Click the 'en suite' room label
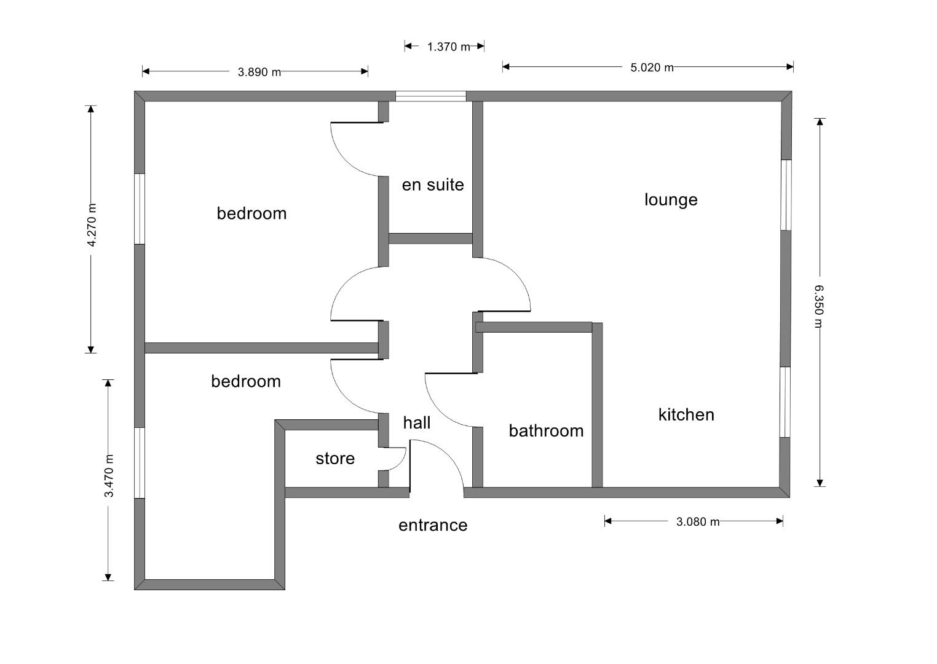tap(433, 185)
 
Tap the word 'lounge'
tap(671, 200)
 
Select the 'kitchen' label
tap(686, 415)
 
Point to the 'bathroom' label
tap(546, 431)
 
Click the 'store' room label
tap(335, 459)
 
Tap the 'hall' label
tap(417, 423)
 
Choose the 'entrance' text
tap(433, 526)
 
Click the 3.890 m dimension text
tap(259, 73)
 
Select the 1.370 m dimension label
tap(448, 47)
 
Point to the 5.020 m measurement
tap(652, 68)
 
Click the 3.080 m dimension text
tap(697, 522)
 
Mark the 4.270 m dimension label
tap(92, 225)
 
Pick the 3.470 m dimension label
tap(109, 476)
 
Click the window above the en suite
tap(430, 96)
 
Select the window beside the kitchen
tap(785, 402)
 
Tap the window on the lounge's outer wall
tap(786, 195)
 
